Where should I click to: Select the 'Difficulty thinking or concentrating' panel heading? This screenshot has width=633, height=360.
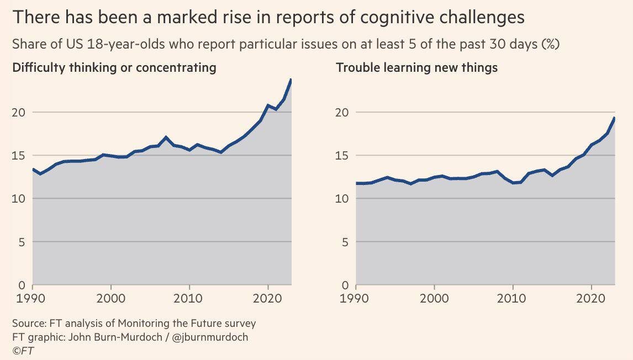[x=114, y=68]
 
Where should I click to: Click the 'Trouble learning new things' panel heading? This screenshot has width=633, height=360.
[x=417, y=68]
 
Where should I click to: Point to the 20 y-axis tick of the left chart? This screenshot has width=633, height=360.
[x=19, y=112]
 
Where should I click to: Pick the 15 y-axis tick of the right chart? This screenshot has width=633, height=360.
[x=342, y=156]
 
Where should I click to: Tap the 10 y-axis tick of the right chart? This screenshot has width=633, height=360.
[x=342, y=199]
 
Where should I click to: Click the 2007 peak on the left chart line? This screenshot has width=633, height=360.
[x=166, y=137]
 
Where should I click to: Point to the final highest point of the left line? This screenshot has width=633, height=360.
[x=291, y=80]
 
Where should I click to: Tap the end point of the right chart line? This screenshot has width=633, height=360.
[x=614, y=118]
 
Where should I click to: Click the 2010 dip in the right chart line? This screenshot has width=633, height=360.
[x=513, y=183]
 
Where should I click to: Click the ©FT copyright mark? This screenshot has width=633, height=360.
[x=23, y=351]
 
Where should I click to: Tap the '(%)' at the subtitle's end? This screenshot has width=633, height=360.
[x=551, y=45]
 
